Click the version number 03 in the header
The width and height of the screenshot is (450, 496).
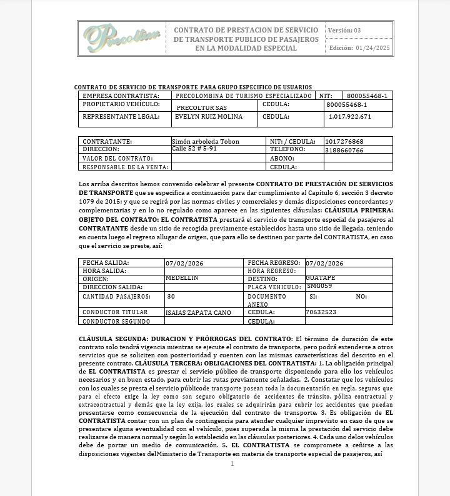[x=357, y=30]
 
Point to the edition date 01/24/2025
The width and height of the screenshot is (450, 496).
[x=372, y=48]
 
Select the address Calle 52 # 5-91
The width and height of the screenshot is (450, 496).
[x=194, y=149]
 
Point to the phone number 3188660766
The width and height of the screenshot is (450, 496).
[x=344, y=150]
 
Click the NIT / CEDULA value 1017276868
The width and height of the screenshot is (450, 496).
[x=344, y=142]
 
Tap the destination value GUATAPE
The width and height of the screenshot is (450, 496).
[x=321, y=277]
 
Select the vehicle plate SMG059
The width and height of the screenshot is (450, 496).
[x=319, y=286]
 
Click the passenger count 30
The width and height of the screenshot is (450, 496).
[x=171, y=296]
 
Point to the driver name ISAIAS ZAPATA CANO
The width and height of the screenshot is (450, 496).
[x=198, y=312]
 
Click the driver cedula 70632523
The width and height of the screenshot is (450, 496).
[x=321, y=312]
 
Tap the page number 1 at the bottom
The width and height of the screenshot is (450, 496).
[x=232, y=464]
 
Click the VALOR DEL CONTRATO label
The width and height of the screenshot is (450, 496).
[x=117, y=159]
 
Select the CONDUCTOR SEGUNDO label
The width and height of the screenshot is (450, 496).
[x=116, y=321]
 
